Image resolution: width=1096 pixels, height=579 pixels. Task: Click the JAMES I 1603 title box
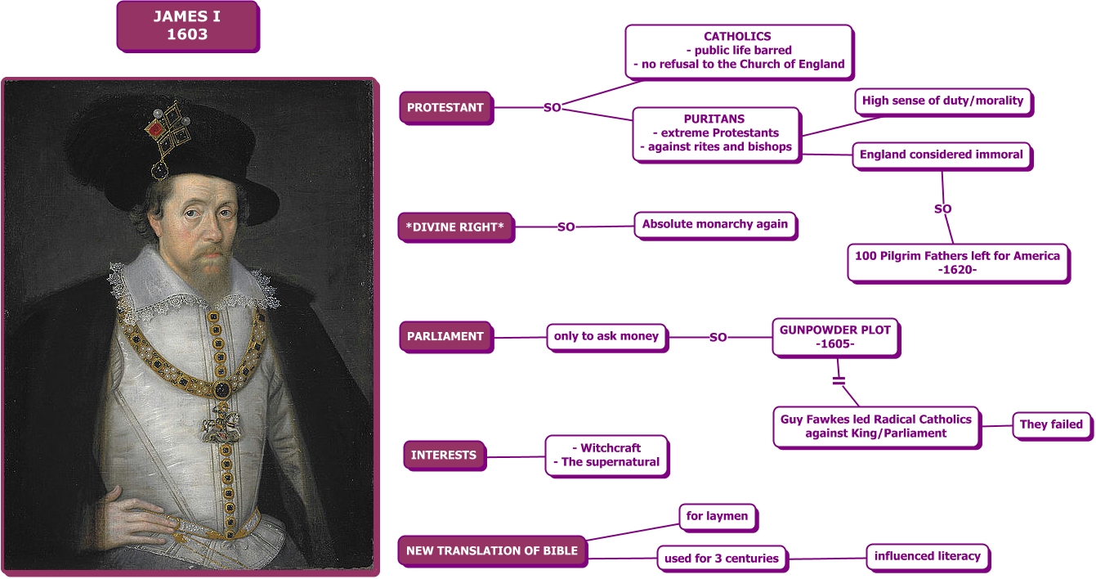187,26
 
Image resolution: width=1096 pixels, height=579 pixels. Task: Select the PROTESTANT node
445,107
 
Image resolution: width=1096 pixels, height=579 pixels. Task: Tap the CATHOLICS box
738,50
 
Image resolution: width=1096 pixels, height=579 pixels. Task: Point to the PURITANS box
715,132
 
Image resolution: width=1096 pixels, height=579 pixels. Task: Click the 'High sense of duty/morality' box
942,101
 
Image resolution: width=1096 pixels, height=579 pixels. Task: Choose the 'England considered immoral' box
942,154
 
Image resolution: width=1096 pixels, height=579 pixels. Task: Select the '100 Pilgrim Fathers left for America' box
957,263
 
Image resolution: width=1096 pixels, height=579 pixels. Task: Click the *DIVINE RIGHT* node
455,227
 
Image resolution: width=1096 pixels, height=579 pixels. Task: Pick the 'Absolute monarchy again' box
715,224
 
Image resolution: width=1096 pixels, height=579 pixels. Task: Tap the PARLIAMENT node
445,336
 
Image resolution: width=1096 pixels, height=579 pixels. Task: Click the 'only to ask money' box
606,336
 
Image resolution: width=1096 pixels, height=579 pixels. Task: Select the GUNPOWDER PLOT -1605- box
835,337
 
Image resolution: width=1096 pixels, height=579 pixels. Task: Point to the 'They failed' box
1051,424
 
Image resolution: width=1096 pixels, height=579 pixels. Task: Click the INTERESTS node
444,456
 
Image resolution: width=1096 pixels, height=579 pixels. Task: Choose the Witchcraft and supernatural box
606,455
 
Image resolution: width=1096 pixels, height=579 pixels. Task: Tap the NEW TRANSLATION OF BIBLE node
492,550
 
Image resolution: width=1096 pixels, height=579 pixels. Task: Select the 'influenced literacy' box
927,556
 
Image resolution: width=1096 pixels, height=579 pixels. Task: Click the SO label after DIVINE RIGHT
566,227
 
